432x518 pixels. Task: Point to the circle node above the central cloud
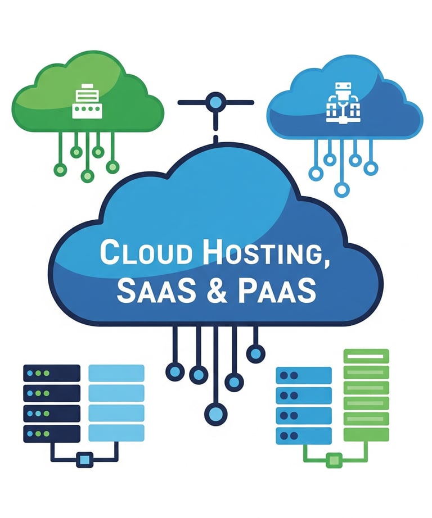(215, 103)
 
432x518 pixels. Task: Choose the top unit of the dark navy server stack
(52, 372)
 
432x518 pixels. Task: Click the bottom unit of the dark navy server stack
(52, 433)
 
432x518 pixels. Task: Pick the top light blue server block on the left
(116, 372)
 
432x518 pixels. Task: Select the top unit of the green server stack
(366, 356)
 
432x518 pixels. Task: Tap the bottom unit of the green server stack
(366, 434)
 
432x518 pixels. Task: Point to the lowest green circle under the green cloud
(87, 176)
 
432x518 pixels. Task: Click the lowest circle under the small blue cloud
(341, 189)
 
